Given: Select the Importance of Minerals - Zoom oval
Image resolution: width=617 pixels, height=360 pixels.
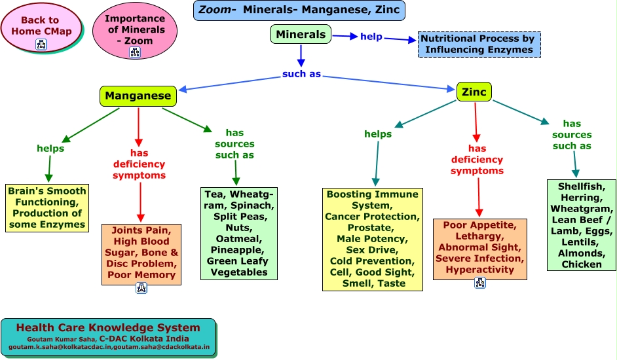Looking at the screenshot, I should [135, 29].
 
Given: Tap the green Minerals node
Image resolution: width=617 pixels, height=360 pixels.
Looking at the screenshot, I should [300, 34].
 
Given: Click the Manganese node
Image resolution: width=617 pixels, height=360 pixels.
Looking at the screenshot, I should [138, 96].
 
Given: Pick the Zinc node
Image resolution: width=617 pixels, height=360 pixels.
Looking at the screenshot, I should [474, 92].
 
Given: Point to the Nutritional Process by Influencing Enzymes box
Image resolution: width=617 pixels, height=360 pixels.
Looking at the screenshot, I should [479, 44].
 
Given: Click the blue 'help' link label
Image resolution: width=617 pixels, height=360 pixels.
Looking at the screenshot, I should [371, 37].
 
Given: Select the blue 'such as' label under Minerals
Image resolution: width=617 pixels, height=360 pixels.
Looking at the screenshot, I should [301, 74].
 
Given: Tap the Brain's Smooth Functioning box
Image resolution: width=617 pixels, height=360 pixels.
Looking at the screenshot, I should [47, 208].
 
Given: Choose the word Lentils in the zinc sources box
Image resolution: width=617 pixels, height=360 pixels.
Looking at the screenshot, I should [582, 242].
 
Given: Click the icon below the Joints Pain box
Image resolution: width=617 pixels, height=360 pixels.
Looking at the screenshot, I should [141, 288].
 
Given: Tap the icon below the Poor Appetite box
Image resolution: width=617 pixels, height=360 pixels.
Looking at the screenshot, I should [480, 283].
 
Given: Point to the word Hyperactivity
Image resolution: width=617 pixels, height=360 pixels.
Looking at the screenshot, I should [480, 270].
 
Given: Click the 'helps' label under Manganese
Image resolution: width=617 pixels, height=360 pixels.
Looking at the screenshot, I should [50, 149].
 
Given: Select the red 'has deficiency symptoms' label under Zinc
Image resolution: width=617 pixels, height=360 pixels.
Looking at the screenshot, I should [477, 160].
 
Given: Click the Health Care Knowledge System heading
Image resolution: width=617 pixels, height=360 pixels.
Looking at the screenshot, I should [108, 328].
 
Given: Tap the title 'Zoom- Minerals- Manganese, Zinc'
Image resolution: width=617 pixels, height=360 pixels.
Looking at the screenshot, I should [299, 10].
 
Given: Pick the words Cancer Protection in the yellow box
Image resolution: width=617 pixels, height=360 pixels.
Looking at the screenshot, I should [373, 216].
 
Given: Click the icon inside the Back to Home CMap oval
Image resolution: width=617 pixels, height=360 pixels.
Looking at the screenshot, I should [41, 44].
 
